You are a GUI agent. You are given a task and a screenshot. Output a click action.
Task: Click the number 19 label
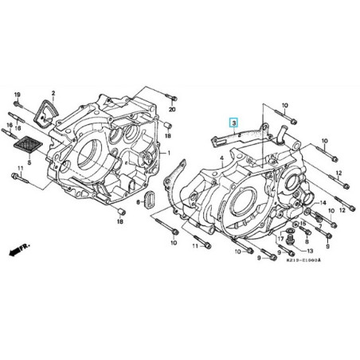[x=16, y=95]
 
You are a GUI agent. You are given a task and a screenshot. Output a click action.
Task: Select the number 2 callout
[x=53, y=94]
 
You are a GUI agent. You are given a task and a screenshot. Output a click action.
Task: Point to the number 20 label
[x=171, y=109]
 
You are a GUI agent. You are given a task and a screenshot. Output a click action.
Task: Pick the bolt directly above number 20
[x=170, y=97]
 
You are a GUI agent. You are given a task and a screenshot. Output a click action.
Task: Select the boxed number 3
[x=233, y=123]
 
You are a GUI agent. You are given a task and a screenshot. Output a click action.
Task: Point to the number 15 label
[x=303, y=225]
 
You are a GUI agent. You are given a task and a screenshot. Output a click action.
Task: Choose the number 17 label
[x=281, y=238]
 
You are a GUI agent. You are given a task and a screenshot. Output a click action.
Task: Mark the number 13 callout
[x=311, y=249]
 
